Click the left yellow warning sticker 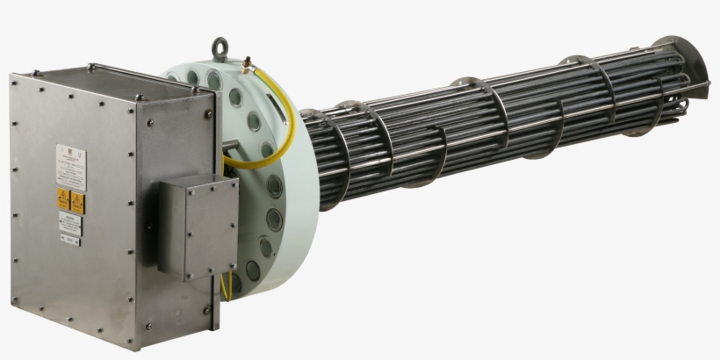(x=63, y=198)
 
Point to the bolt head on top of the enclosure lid (x=90, y=65)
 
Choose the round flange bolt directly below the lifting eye (x=214, y=82)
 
